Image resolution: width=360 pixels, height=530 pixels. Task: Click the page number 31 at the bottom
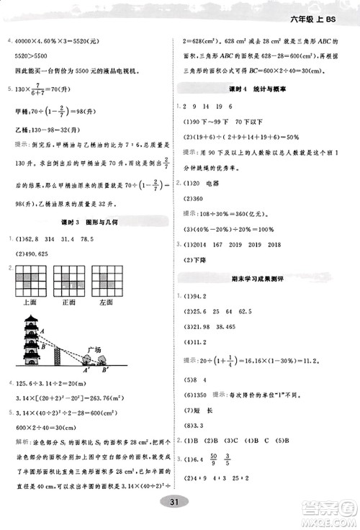pyautogui.click(x=180, y=502)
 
